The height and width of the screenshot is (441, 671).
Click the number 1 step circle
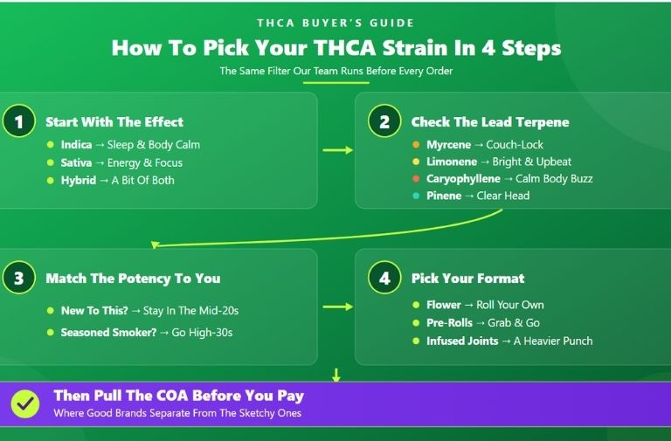(19, 121)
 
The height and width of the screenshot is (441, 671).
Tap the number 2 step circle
(384, 121)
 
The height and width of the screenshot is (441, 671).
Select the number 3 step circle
(19, 278)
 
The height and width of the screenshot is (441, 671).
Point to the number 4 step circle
(384, 278)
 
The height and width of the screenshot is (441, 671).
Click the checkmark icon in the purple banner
(25, 403)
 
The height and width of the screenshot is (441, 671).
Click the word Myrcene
(448, 145)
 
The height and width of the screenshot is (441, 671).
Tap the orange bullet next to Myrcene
(416, 145)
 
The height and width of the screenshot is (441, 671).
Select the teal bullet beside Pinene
(416, 196)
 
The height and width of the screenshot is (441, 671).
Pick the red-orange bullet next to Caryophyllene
(416, 179)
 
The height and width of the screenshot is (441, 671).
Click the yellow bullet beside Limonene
(416, 162)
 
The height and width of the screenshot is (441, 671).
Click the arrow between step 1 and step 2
(337, 150)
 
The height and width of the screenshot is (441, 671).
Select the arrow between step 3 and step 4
(337, 307)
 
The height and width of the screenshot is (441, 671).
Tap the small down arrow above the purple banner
(335, 375)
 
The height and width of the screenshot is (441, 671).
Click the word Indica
(76, 145)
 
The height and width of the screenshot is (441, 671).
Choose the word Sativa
(76, 162)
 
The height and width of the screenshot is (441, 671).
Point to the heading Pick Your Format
(467, 279)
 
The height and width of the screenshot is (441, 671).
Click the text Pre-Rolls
(449, 322)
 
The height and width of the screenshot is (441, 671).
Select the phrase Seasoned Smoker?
(108, 333)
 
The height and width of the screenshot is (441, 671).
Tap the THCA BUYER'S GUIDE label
(335, 23)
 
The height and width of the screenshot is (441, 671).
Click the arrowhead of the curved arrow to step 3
(155, 245)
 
